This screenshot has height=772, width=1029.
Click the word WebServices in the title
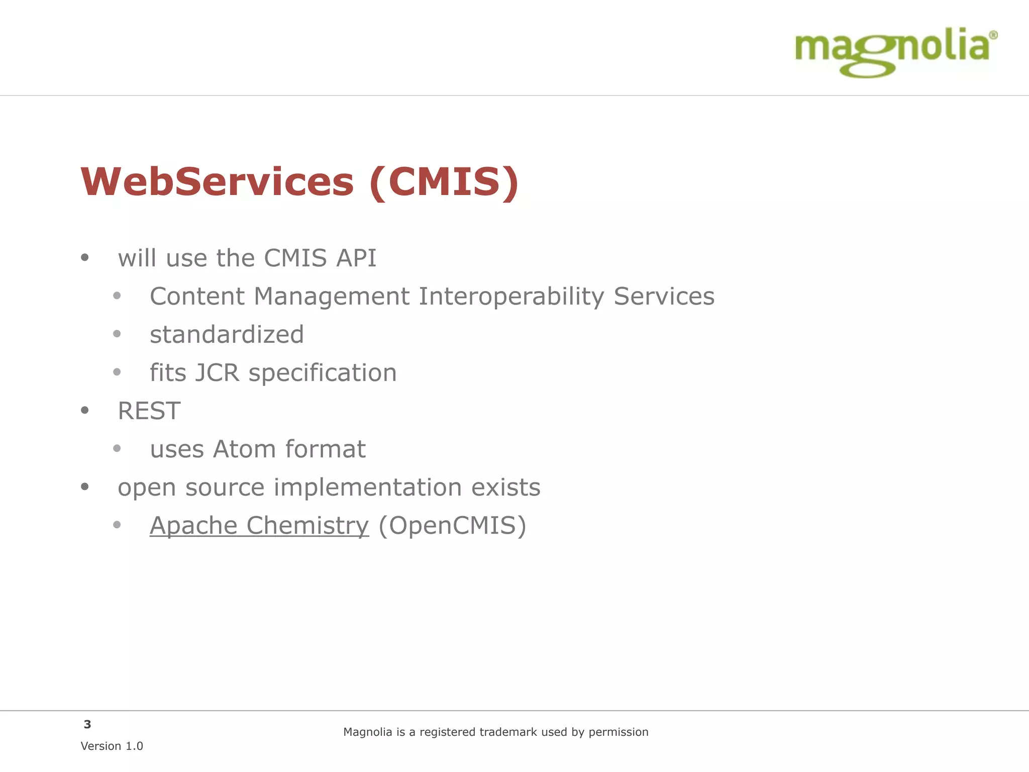click(x=217, y=181)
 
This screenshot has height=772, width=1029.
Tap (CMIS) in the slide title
click(x=444, y=181)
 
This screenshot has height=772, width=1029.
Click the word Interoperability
click(x=511, y=297)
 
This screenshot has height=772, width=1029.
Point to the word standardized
click(x=227, y=335)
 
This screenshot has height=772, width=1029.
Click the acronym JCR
click(x=217, y=373)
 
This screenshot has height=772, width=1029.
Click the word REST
click(x=149, y=411)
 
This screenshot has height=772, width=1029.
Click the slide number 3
click(x=87, y=724)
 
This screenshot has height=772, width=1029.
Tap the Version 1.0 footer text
click(x=112, y=746)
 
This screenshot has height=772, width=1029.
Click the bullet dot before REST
click(x=85, y=411)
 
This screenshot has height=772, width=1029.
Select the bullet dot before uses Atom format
click(x=117, y=449)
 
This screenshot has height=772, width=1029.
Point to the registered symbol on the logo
click(x=993, y=35)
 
